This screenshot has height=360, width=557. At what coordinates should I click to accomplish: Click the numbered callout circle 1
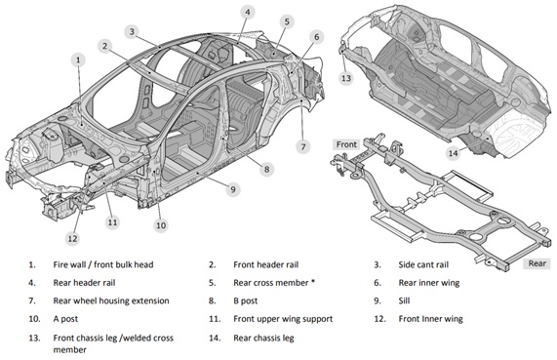(78, 60)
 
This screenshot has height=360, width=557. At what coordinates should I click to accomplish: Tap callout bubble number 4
(248, 13)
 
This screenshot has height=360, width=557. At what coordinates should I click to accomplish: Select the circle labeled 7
(303, 146)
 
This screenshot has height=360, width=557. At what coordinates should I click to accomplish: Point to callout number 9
(233, 189)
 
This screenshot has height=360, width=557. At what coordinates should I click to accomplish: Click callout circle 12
(72, 238)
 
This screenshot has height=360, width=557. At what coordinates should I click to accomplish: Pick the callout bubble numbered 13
(346, 78)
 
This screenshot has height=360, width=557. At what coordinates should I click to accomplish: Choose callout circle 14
(453, 153)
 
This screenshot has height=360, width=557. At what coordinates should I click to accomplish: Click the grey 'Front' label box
(346, 144)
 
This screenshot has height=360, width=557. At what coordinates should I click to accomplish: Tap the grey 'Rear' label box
(537, 263)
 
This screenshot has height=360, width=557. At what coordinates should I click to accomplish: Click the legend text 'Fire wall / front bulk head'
(103, 264)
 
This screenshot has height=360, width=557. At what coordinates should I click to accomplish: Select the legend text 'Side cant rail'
(423, 264)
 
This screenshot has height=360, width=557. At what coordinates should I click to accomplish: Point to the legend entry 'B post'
(246, 301)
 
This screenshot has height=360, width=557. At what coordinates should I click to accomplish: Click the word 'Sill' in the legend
(404, 301)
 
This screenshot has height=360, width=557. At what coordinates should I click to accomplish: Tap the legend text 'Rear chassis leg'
(263, 338)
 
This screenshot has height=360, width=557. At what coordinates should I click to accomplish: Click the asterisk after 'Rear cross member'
(313, 281)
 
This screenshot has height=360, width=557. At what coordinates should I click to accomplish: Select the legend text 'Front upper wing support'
(283, 319)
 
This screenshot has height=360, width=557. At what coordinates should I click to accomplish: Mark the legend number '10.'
(34, 319)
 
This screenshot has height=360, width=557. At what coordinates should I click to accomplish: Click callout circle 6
(316, 37)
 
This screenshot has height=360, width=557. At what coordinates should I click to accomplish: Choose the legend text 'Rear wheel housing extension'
(111, 301)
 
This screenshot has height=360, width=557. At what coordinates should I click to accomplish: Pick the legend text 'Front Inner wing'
(430, 319)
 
